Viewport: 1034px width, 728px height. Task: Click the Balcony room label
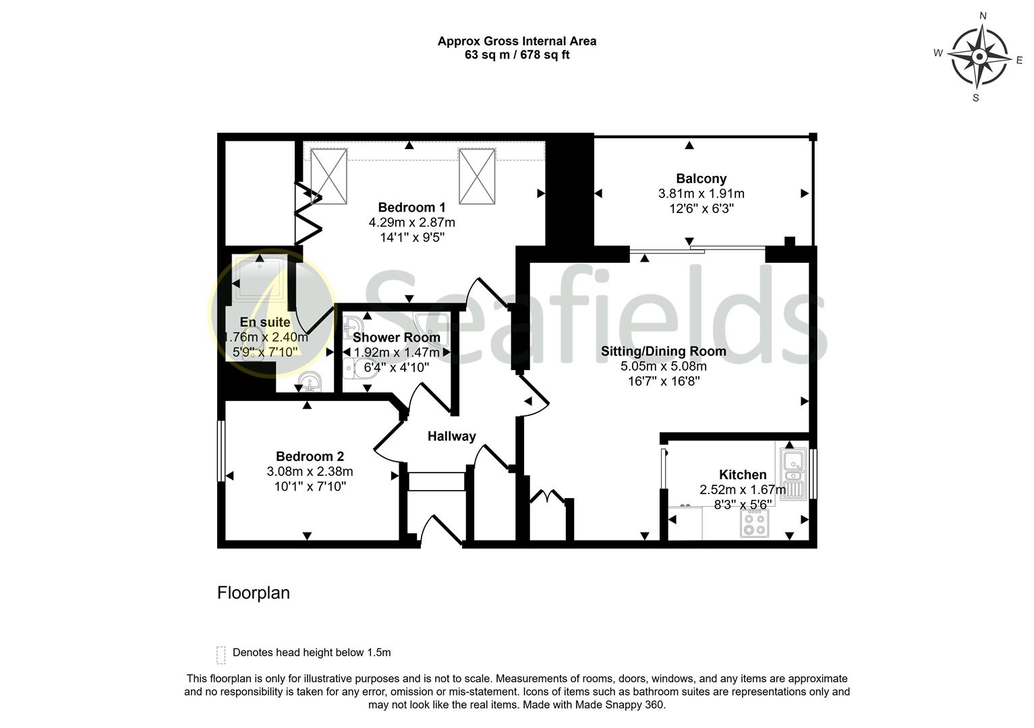tap(701, 179)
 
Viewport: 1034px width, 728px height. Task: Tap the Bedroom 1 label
tap(411, 207)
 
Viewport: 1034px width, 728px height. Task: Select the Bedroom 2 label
tap(310, 456)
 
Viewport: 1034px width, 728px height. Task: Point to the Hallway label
tap(451, 436)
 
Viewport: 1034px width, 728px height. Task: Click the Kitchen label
tap(742, 475)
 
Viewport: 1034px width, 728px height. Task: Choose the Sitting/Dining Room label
tap(663, 351)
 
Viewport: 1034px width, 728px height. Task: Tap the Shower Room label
tap(396, 337)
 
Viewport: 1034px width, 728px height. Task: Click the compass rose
tap(979, 57)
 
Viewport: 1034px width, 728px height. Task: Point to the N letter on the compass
tap(983, 16)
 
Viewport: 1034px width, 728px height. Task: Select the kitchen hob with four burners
tap(754, 523)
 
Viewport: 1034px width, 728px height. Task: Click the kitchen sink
tap(793, 472)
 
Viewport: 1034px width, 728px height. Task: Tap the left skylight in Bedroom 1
tap(328, 176)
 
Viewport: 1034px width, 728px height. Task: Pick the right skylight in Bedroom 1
tap(477, 176)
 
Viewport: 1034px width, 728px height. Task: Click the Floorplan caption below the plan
tap(253, 593)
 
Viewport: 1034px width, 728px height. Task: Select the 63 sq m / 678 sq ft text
tap(517, 55)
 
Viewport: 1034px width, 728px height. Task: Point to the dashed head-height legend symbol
tap(221, 655)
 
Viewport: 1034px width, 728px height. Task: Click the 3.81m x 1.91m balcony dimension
tap(701, 193)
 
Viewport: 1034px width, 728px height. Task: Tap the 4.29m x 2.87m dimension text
tap(411, 222)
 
